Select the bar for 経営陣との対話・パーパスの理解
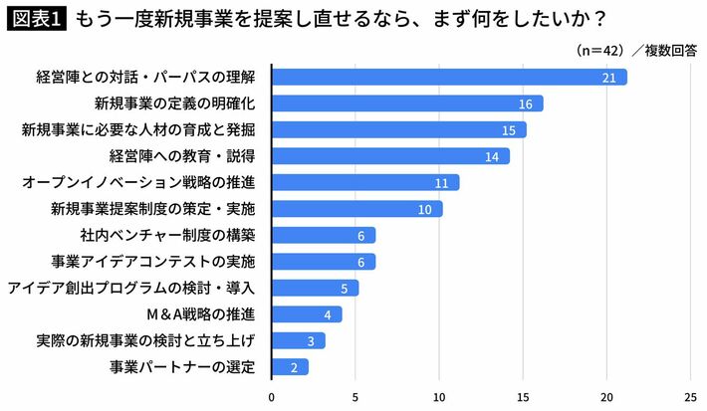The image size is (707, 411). coord(448,77)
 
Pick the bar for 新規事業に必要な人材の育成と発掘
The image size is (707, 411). coord(398,129)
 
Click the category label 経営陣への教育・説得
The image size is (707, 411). coord(182,156)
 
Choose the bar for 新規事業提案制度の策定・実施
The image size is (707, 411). coord(356,209)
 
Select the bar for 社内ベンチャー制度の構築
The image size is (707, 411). coord(323,235)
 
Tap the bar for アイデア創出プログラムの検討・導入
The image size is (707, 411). coord(315,289)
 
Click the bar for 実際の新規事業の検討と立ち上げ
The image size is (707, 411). coord(298,341)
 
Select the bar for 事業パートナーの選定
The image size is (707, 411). coord(290,367)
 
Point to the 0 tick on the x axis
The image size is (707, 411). coord(272,395)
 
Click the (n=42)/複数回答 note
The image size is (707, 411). coord(637,49)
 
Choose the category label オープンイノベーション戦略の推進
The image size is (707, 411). coord(138,183)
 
